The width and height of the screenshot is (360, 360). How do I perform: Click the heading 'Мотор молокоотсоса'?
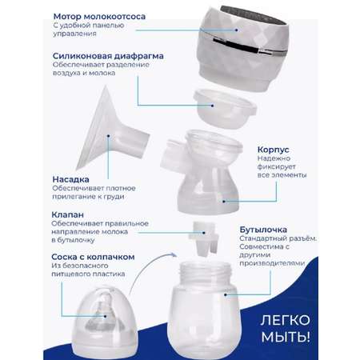(99, 17)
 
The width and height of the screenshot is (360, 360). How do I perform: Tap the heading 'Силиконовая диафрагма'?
(108, 56)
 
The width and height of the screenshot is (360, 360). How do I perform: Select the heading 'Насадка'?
(70, 179)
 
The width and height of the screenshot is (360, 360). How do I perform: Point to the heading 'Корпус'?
(273, 150)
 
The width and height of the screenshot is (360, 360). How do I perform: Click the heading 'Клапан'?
(67, 214)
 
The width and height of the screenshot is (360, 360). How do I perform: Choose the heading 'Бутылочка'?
(263, 230)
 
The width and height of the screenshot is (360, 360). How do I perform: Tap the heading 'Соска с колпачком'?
(93, 257)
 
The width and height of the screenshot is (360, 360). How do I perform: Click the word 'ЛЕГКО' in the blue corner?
(286, 320)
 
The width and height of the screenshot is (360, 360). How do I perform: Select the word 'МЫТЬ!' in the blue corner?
(286, 337)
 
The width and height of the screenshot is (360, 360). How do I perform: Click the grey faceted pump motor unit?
(242, 48)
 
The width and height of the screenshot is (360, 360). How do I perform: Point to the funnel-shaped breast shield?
(112, 130)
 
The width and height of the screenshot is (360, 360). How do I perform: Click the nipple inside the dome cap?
(106, 312)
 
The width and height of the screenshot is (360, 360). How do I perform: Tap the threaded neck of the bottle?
(205, 273)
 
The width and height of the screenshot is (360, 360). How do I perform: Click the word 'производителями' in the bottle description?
(272, 263)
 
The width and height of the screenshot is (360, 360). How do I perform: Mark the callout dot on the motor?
(237, 30)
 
